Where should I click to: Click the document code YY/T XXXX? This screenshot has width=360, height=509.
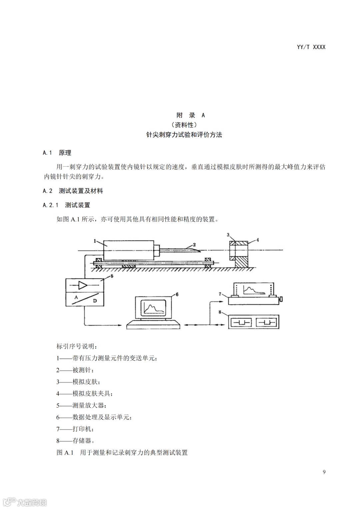point(311,47)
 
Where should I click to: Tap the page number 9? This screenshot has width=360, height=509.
point(324,472)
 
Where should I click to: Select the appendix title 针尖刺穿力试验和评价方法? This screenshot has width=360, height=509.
point(184,135)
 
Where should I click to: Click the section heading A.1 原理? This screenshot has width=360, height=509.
point(57,153)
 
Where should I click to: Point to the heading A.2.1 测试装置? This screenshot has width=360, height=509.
point(66,205)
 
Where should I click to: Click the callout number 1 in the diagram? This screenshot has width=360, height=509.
point(95,241)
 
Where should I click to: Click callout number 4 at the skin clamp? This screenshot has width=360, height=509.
point(258,240)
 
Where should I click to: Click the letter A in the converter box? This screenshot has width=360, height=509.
point(76,297)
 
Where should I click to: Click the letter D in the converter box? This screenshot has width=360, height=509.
point(95,301)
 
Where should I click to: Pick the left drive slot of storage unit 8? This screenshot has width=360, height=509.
point(241,323)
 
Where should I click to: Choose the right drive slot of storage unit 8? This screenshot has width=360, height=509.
point(266,323)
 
